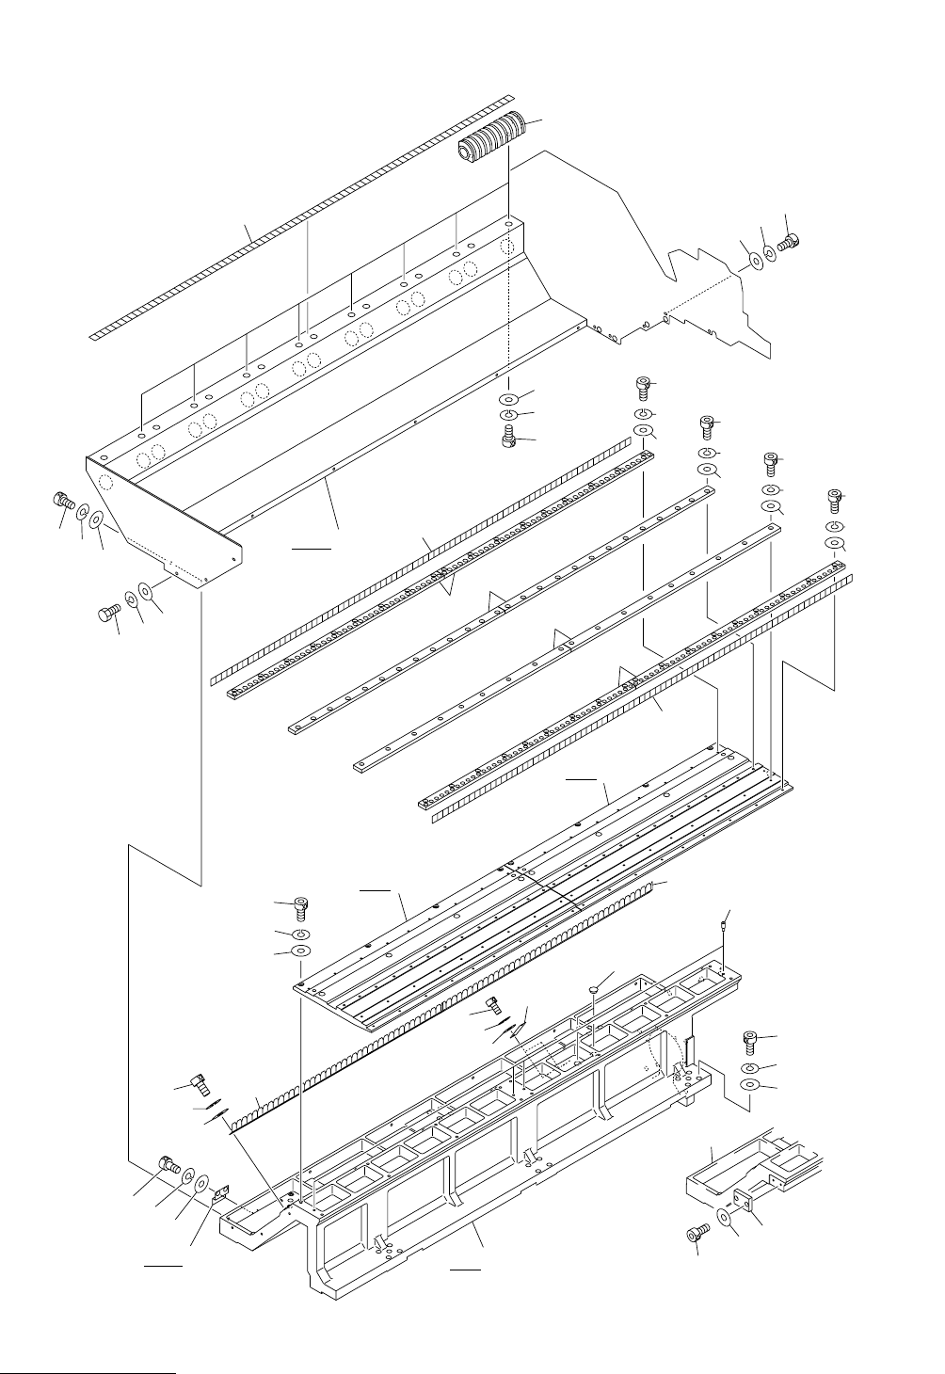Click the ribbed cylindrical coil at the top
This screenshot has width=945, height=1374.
click(x=491, y=138)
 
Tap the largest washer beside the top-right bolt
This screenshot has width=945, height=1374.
click(x=752, y=261)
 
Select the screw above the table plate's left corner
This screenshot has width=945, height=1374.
click(x=301, y=908)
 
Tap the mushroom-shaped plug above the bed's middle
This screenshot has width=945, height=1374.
click(x=590, y=990)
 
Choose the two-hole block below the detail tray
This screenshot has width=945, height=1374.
click(x=744, y=1204)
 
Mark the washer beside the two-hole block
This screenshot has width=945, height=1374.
click(x=726, y=1217)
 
